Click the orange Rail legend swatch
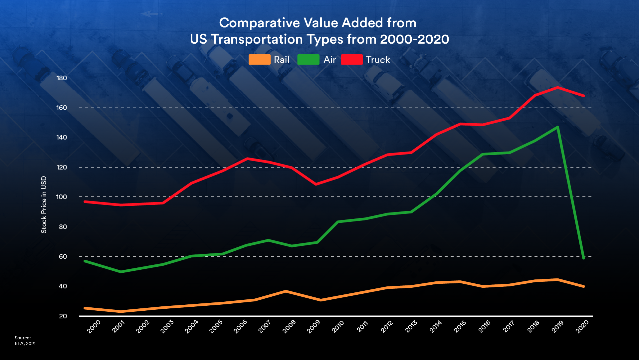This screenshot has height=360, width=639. coord(259,60)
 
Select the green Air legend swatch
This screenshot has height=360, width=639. coord(308,60)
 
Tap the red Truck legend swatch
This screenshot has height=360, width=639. coord(351,60)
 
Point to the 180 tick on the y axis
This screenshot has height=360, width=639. coord(62,78)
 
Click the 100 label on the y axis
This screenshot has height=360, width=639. coord(62,197)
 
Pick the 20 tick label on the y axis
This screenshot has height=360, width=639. coord(63,316)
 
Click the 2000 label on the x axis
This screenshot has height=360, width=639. coord(94,326)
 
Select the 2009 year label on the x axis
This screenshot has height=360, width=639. coord(313,326)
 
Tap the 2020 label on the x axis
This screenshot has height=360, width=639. coord(582,326)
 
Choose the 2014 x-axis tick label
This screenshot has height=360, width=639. coord(435,326)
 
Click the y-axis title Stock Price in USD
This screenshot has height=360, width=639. coord(44,204)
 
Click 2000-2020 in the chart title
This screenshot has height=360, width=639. coord(414,39)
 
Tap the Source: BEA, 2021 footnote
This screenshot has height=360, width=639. coord(25,341)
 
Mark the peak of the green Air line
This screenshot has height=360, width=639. coord(557,127)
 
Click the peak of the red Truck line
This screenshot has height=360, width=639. coord(557,88)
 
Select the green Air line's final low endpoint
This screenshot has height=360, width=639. coord(583,258)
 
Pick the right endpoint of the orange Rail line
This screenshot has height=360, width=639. coord(583,286)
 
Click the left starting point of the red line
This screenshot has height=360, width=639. coord(85,202)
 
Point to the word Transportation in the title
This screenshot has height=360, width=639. coord(257,39)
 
